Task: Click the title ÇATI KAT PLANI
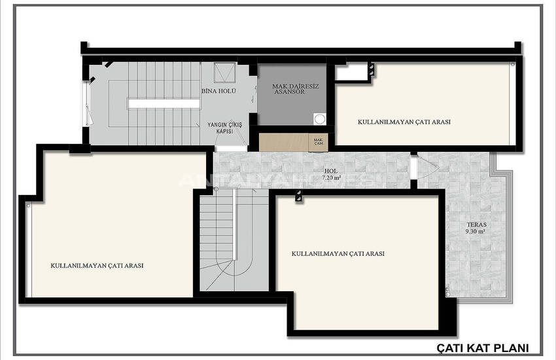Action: pos(483,348)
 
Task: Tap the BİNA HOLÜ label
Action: pos(218,91)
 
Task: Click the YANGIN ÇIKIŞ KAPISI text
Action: pos(225,128)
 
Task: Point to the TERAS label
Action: pos(477,225)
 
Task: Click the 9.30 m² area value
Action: pos(476,232)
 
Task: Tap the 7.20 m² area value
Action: pos(332,177)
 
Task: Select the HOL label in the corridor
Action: pos(331,171)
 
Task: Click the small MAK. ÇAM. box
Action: pos(318,141)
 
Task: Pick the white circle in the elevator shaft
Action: pos(319,119)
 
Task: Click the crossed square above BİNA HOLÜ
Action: pos(225,73)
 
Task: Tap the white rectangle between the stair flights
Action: pos(164,103)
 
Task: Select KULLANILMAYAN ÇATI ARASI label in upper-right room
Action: pos(404,122)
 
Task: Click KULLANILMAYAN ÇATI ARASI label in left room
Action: pos(97,265)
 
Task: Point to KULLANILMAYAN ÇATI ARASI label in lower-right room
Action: pos(338,253)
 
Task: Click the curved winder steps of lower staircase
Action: pos(234,273)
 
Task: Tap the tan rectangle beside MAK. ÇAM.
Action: pos(284,142)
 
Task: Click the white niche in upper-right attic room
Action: pos(351,73)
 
